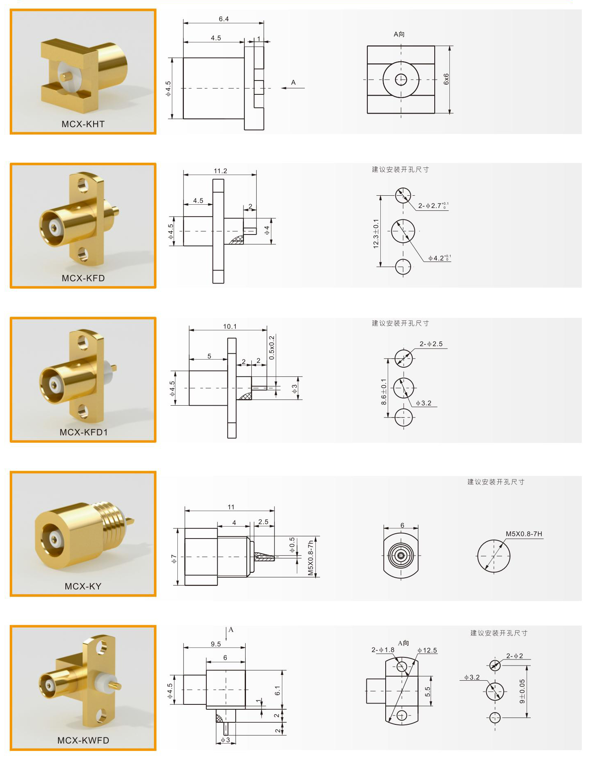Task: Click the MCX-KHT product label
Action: pyautogui.click(x=83, y=124)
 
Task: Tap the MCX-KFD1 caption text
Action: pyautogui.click(x=84, y=432)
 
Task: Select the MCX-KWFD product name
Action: pyautogui.click(x=83, y=740)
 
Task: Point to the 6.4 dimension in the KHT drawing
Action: pyautogui.click(x=223, y=19)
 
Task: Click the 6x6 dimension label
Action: pyautogui.click(x=446, y=79)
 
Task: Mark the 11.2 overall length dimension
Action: pyautogui.click(x=220, y=171)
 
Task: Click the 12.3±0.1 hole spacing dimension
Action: pyautogui.click(x=376, y=234)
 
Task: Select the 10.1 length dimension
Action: pyautogui.click(x=230, y=326)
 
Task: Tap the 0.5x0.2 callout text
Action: pyautogui.click(x=272, y=348)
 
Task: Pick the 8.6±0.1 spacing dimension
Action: pyautogui.click(x=384, y=392)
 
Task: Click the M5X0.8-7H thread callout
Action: pyautogui.click(x=524, y=534)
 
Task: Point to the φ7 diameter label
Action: pyautogui.click(x=174, y=559)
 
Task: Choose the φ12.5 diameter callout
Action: pyautogui.click(x=427, y=650)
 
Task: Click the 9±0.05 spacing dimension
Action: pyautogui.click(x=522, y=691)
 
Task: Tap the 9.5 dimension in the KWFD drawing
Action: pyautogui.click(x=216, y=644)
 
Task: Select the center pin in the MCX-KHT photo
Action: pyautogui.click(x=66, y=76)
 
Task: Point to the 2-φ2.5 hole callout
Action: pyautogui.click(x=431, y=344)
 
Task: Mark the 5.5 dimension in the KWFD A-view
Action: pyautogui.click(x=427, y=691)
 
